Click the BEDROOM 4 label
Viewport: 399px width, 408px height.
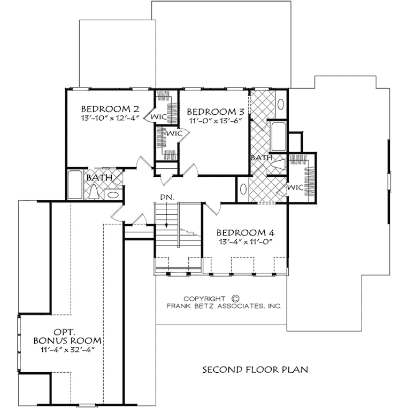(x=245, y=233)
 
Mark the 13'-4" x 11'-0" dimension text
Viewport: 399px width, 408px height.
(x=245, y=242)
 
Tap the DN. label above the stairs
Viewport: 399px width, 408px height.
(x=166, y=198)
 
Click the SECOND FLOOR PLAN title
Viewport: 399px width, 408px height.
(x=255, y=369)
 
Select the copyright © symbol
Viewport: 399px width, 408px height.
(x=235, y=299)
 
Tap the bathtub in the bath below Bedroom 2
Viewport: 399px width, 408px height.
(x=75, y=184)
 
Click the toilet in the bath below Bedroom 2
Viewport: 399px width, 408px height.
(x=95, y=191)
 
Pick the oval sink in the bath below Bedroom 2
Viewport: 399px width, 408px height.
(x=113, y=194)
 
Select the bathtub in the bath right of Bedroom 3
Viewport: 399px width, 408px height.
(x=278, y=136)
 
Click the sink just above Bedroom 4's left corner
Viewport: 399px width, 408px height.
(x=243, y=191)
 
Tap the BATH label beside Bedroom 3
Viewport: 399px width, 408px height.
(x=262, y=158)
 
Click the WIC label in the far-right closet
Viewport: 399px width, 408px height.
(x=295, y=188)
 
